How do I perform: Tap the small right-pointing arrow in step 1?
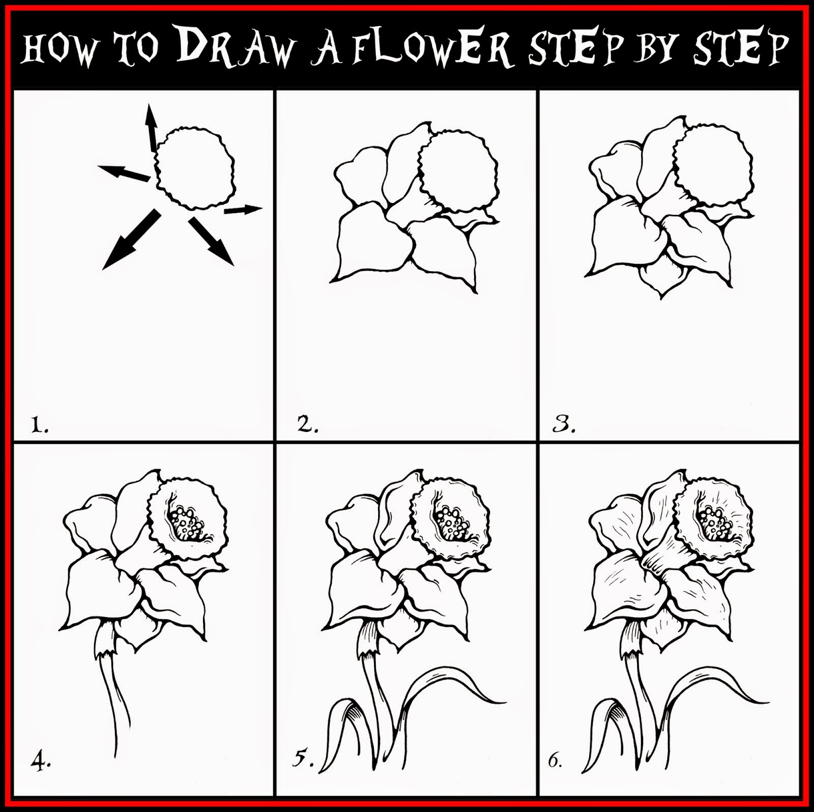[x=243, y=209]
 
